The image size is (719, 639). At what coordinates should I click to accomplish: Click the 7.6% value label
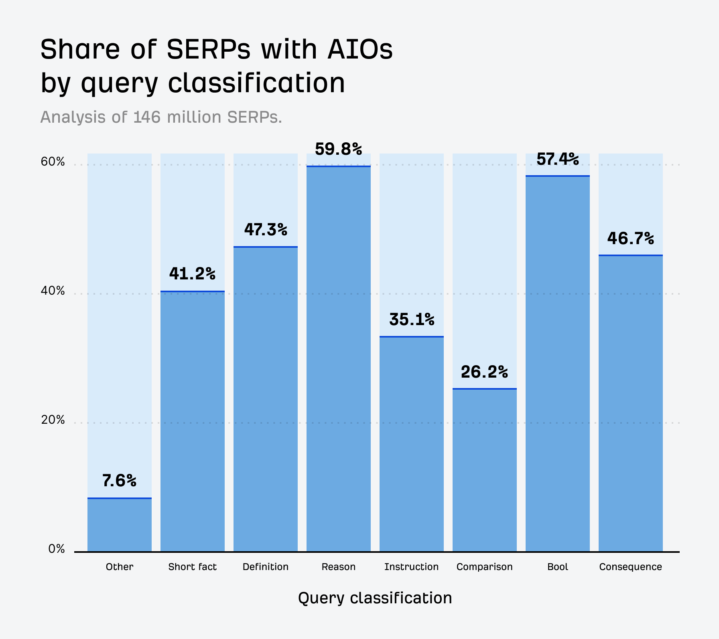(119, 480)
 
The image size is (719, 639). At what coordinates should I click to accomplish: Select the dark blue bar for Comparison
(484, 470)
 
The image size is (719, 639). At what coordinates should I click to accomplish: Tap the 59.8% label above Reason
(338, 149)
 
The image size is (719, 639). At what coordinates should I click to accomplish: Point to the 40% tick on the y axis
(53, 291)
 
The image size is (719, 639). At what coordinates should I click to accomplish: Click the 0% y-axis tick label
(57, 549)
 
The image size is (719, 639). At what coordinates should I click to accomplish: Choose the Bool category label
(557, 567)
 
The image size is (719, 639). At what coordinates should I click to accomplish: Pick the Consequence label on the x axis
(630, 567)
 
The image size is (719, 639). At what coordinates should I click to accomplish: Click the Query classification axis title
(375, 598)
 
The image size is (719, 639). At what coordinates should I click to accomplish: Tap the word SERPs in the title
(208, 50)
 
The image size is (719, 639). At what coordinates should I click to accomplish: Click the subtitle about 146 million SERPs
(161, 117)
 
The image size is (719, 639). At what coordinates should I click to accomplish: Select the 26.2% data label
(484, 372)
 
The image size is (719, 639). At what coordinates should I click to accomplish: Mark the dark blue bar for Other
(119, 525)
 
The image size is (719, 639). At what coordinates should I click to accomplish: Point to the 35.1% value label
(412, 319)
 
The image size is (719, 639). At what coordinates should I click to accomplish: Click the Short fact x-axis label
(192, 567)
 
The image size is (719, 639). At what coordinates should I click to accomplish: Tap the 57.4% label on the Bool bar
(557, 159)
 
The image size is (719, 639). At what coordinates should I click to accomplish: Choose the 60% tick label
(53, 162)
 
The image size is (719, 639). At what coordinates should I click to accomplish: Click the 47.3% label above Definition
(266, 230)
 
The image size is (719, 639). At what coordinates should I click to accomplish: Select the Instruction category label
(411, 567)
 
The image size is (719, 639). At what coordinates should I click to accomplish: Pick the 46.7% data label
(630, 239)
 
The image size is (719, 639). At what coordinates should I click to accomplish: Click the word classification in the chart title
(256, 83)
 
